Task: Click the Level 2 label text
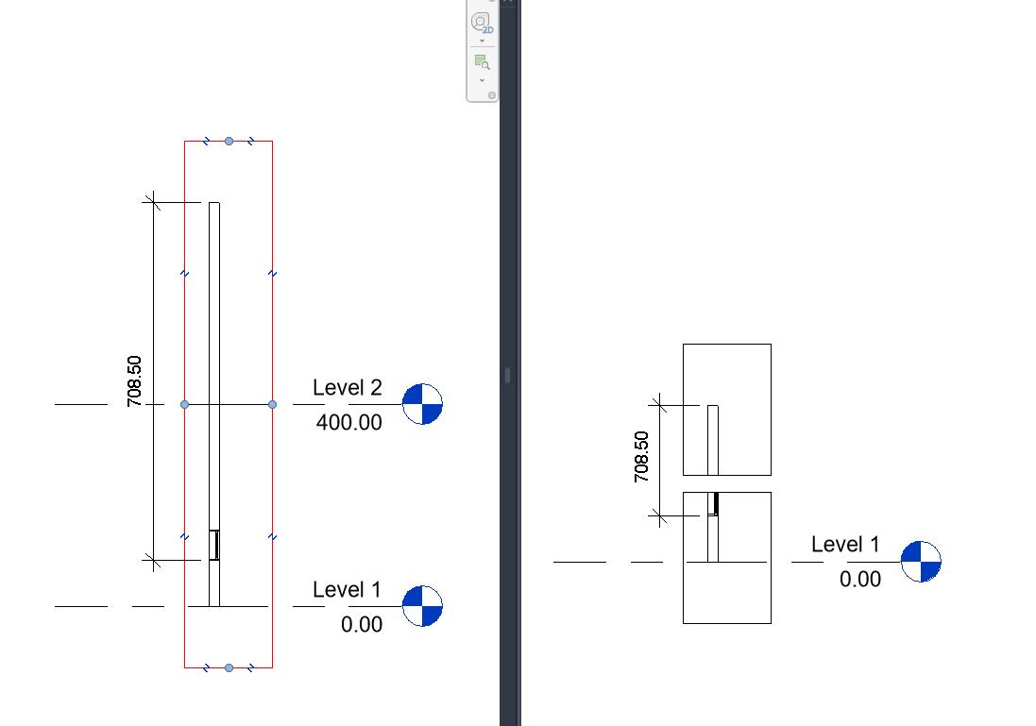[348, 387]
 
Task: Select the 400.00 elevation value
[348, 422]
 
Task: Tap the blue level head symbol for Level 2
[422, 404]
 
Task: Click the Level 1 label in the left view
[347, 590]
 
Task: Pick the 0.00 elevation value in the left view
[362, 624]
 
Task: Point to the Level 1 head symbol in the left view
[422, 606]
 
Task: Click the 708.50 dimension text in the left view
[134, 380]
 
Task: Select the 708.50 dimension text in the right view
[642, 457]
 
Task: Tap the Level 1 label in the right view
[845, 545]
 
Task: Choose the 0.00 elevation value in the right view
[860, 579]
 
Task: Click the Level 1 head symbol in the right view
[921, 562]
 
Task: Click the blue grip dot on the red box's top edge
[229, 142]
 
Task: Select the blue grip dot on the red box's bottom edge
[229, 667]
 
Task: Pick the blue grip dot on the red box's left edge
[184, 404]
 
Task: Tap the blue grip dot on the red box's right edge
[272, 404]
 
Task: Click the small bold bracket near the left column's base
[215, 545]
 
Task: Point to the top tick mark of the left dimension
[151, 202]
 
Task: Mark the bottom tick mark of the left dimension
[151, 561]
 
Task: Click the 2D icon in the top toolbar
[482, 23]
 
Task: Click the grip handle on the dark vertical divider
[507, 375]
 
